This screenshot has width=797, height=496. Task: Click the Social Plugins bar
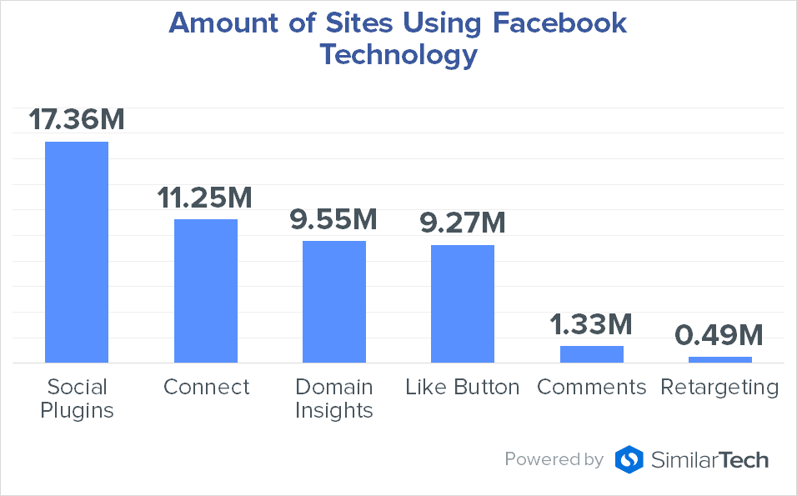tap(77, 252)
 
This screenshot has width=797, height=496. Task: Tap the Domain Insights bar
tap(334, 301)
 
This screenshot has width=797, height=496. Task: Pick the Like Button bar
tap(463, 303)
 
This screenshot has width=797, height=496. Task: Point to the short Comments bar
tap(592, 354)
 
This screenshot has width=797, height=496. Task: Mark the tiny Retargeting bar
tap(720, 359)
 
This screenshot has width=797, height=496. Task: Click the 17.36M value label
tap(77, 119)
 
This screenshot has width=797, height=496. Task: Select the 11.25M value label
tap(205, 198)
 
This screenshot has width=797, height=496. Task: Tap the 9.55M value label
tap(333, 219)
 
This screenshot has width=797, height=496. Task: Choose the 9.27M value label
tap(462, 223)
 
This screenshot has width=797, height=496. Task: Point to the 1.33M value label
tap(591, 324)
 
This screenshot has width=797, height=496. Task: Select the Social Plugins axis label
tap(78, 398)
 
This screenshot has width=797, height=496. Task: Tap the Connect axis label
tap(206, 387)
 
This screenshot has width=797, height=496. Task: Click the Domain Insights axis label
tap(334, 398)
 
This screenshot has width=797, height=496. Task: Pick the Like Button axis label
tap(463, 387)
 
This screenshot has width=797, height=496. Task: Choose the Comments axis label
tap(592, 387)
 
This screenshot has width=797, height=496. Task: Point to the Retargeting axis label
tap(719, 388)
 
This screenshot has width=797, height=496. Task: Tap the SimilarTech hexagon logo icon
tap(629, 459)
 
